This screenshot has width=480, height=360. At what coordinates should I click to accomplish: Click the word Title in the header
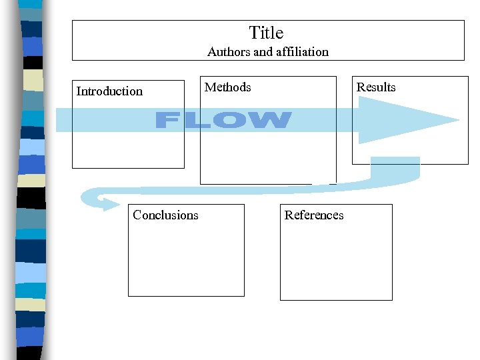(266, 33)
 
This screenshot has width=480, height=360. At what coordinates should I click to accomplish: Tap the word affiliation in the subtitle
(299, 51)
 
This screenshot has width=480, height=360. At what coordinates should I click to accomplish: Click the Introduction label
(109, 91)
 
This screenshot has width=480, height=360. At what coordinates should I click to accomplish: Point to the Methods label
(228, 87)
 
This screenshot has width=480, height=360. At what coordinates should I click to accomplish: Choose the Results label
(376, 87)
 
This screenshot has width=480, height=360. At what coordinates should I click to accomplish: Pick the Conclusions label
(165, 215)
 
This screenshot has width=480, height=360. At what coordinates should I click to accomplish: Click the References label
(314, 215)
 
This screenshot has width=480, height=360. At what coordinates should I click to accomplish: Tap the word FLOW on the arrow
(223, 121)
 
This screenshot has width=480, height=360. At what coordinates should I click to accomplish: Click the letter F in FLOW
(169, 121)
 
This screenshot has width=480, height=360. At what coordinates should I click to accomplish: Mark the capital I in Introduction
(79, 91)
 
